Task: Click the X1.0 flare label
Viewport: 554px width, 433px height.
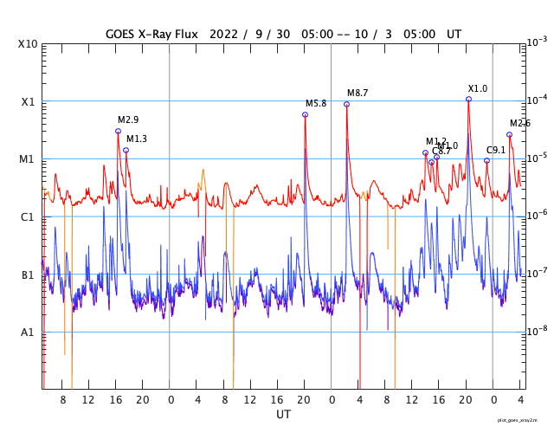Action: (478, 88)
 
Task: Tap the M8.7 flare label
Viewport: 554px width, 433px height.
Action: (358, 93)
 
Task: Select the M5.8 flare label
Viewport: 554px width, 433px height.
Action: (316, 103)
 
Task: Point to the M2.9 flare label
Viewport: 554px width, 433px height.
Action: (128, 120)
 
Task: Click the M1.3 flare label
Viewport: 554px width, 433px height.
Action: (137, 139)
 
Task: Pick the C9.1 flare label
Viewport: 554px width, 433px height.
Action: (497, 150)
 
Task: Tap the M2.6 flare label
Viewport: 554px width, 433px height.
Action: (520, 123)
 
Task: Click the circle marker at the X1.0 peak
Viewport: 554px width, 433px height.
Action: (469, 99)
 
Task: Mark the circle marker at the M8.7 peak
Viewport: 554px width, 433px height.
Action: (347, 104)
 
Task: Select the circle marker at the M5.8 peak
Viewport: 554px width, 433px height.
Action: (305, 114)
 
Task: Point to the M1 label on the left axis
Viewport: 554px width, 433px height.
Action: (28, 159)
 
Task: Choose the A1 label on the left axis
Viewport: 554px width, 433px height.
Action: (28, 332)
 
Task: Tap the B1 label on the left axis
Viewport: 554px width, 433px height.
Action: (28, 275)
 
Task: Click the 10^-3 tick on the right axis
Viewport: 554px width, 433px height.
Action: (538, 42)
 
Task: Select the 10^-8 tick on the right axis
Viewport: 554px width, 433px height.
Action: (538, 330)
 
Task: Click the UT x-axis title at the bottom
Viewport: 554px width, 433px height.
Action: (283, 415)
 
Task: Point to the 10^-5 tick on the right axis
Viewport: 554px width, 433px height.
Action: (538, 157)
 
